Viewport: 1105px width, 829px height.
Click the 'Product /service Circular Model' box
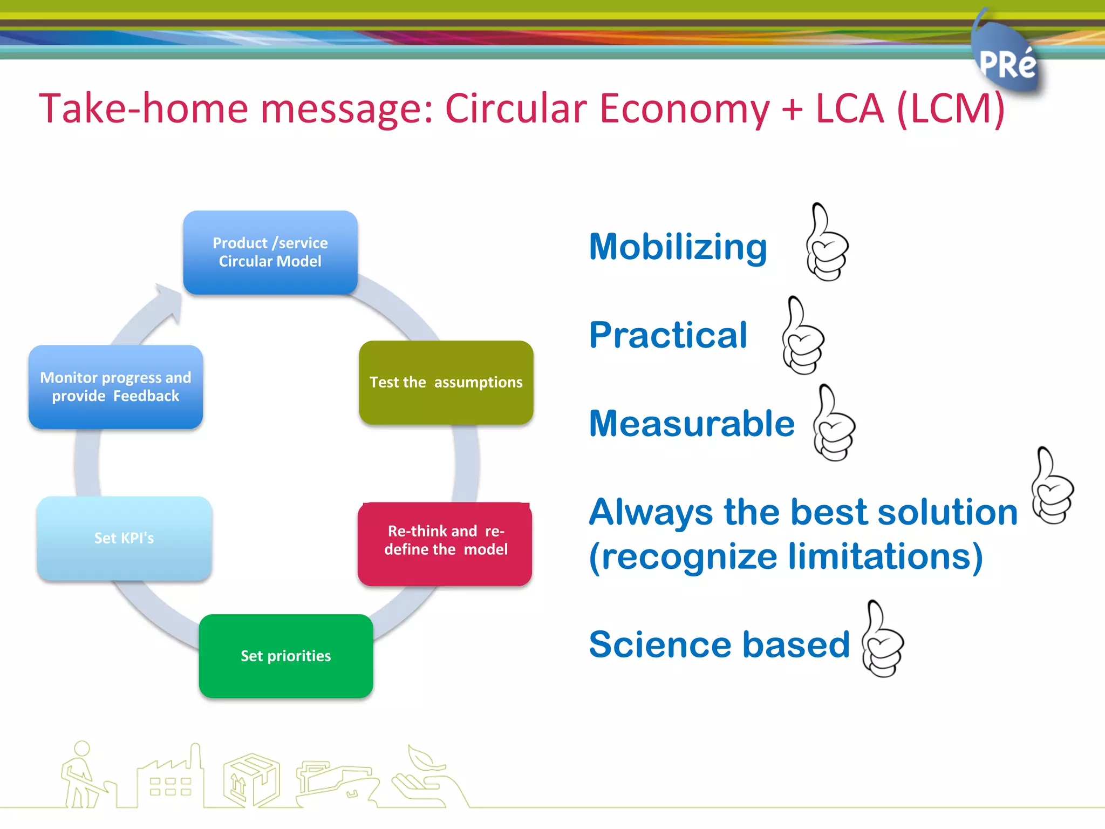click(x=270, y=252)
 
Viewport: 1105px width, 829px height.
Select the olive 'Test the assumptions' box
click(x=446, y=382)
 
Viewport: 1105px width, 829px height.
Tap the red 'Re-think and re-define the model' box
click(x=445, y=543)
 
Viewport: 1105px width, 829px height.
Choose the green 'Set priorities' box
click(x=285, y=655)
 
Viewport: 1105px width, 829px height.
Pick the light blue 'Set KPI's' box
click(x=124, y=538)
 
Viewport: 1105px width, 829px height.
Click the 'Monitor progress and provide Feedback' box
click(x=115, y=386)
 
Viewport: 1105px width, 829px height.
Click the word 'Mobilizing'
click(x=678, y=247)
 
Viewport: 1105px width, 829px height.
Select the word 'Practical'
click(x=668, y=335)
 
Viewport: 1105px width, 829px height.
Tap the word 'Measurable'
click(x=692, y=423)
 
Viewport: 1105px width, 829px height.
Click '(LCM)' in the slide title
click(x=951, y=109)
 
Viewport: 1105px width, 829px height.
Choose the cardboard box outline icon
click(x=251, y=780)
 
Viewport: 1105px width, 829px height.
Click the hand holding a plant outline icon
click(x=426, y=777)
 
